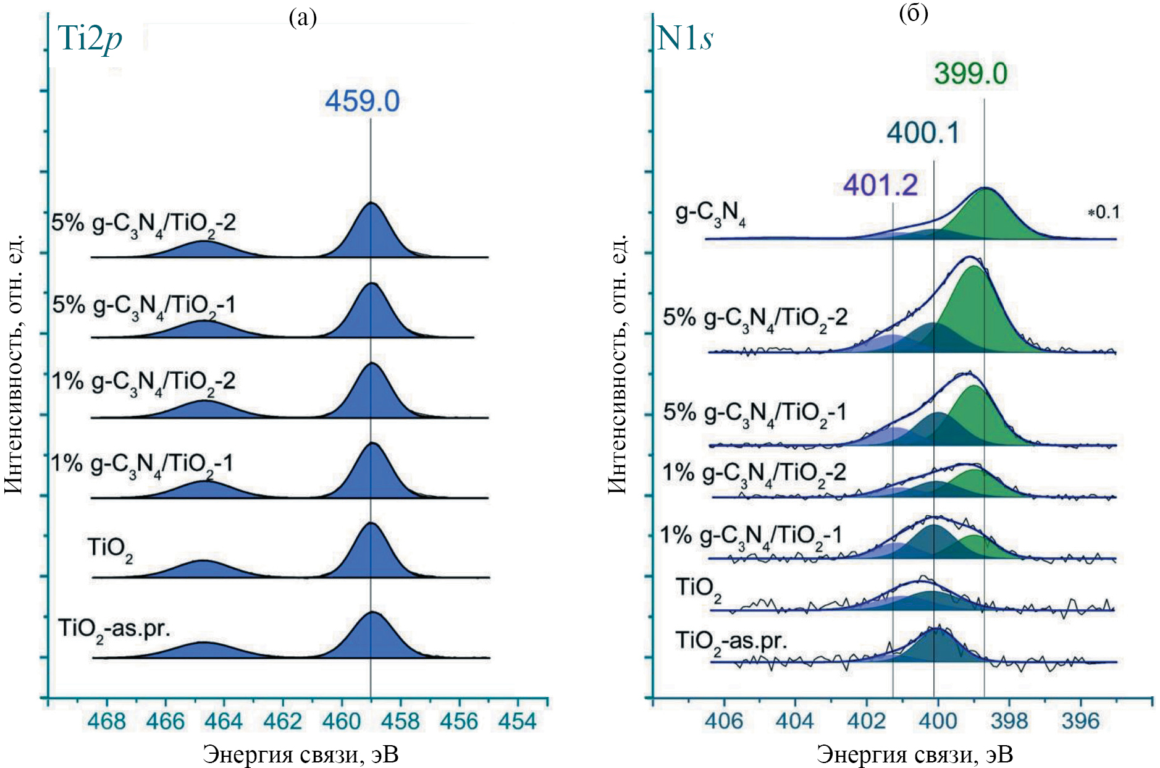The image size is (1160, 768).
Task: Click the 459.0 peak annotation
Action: pos(363,101)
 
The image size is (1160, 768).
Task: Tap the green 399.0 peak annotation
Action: pos(970,74)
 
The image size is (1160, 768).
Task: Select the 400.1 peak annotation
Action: pos(923,133)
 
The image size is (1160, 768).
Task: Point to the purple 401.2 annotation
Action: pos(881,185)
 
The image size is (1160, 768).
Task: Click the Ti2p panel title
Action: pos(90,38)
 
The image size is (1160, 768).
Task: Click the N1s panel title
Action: pos(685,38)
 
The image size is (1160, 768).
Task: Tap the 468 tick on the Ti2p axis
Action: pos(107,721)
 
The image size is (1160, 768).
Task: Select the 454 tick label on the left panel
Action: pos(518,721)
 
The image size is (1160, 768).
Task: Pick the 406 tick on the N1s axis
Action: pos(724,721)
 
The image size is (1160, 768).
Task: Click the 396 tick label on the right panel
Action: pos(1080,721)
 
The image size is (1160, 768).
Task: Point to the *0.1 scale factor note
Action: pos(1103,213)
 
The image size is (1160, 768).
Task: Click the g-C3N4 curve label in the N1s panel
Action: pos(710,214)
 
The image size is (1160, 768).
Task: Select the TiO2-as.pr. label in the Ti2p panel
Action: pos(114,630)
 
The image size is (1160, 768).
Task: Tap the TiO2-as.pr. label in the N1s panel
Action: pos(731,641)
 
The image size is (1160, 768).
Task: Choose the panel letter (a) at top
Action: pos(303,18)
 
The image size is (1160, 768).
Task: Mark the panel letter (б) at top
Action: pos(914,13)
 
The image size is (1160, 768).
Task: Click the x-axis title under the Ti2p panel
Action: pos(300,754)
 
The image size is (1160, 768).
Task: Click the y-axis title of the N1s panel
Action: pos(618,365)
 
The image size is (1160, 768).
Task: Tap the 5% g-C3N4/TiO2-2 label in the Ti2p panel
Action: pos(143,224)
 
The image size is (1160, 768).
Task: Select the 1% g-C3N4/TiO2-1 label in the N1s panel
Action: pos(750,536)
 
